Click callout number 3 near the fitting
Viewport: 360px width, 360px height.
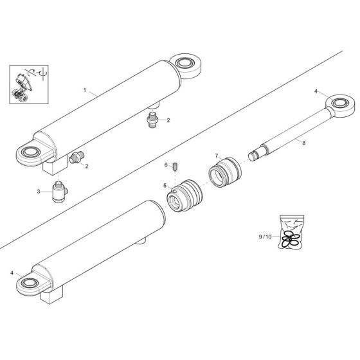tap(39, 192)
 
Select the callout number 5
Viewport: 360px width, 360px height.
tap(165, 186)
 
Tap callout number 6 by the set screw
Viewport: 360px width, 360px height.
tap(165, 165)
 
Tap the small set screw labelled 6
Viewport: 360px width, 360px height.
tap(174, 168)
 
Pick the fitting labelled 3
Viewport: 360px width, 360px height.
tap(60, 192)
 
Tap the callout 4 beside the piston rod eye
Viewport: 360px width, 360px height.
tap(316, 91)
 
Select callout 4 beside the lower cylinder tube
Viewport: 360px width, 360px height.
tap(12, 273)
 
